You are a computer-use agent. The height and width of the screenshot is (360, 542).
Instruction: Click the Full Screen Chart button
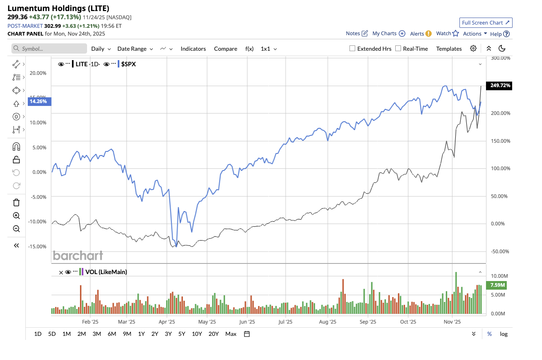point(486,22)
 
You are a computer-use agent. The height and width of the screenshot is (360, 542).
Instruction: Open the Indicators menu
point(193,49)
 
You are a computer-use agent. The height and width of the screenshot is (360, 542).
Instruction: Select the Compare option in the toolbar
point(225,49)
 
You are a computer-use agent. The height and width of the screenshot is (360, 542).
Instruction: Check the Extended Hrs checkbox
point(352,48)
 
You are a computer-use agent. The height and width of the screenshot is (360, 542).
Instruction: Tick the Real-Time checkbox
point(398,48)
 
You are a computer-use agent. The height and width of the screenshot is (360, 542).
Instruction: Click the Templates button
point(449,49)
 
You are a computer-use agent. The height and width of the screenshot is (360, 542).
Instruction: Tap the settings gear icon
point(473,48)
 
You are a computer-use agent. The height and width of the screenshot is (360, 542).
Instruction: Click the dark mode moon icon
point(502,48)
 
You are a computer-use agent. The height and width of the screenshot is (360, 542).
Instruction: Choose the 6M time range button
point(112,334)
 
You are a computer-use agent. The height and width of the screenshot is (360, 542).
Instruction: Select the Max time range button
point(231,334)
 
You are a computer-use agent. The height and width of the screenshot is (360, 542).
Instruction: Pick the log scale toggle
point(504,334)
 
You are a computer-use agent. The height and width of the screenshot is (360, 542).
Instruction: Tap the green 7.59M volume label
point(497,285)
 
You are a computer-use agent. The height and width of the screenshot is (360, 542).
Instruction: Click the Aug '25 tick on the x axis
point(328,322)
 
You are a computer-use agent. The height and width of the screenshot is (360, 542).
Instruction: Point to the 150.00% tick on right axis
point(500,141)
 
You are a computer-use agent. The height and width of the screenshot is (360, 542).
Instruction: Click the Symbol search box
point(49,49)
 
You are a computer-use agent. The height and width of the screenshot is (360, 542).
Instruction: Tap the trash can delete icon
point(16,202)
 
